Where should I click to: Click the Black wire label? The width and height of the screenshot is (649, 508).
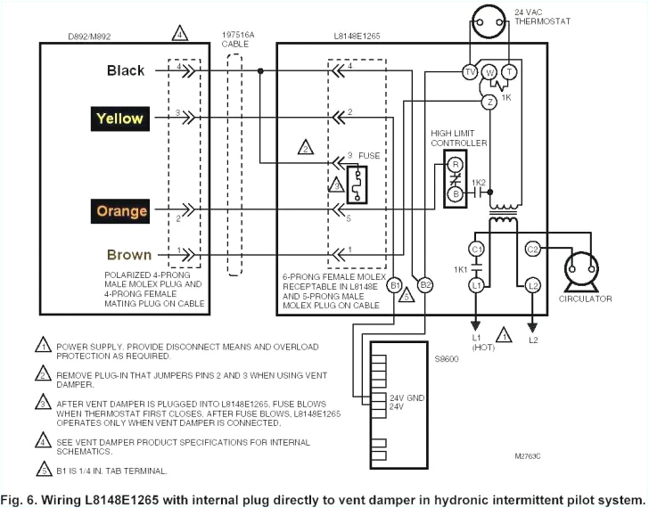(x=126, y=70)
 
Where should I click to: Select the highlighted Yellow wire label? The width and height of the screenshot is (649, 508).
(x=119, y=118)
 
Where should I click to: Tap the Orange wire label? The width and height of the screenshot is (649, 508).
(x=121, y=211)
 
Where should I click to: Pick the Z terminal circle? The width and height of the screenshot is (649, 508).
(x=489, y=102)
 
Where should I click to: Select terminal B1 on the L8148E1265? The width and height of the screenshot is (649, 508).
(x=397, y=284)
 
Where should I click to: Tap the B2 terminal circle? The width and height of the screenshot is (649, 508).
(x=425, y=284)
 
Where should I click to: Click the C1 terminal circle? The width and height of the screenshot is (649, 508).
(x=476, y=249)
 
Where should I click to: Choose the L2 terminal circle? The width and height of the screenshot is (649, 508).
(x=533, y=284)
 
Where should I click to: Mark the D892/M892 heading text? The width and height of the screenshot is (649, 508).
(x=86, y=38)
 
